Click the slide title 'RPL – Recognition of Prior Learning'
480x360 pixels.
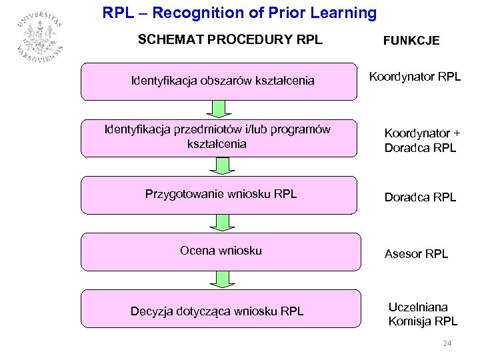tap(239, 13)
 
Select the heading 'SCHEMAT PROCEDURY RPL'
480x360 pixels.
tap(230, 39)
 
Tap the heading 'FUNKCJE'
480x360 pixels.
tap(411, 41)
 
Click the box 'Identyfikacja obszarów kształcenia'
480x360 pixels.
tap(219, 81)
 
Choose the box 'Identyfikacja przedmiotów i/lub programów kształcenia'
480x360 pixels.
tap(219, 137)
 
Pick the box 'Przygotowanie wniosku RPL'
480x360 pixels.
tap(219, 195)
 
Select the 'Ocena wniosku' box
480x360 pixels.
tap(219, 251)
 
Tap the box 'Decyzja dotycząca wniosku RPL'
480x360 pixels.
tap(219, 310)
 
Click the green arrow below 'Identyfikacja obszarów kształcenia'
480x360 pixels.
tap(219, 108)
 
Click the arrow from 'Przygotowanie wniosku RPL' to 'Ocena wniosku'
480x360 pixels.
tap(219, 223)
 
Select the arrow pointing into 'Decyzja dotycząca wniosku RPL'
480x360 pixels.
tap(219, 279)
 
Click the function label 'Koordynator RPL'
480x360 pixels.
tap(415, 77)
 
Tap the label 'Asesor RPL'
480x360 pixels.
tap(417, 254)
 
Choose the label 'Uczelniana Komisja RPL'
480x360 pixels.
tap(423, 314)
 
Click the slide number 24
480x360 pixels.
tap(447, 343)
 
